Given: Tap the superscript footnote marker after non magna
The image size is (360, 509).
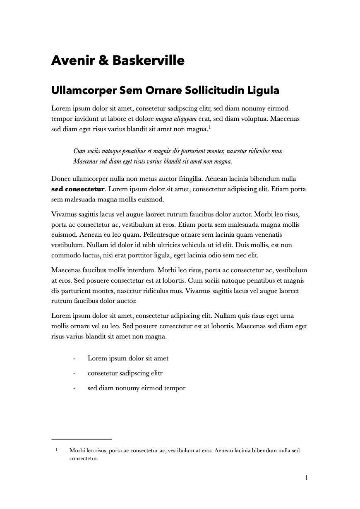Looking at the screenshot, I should (210, 127).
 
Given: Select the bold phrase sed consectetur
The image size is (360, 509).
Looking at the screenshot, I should (77, 190).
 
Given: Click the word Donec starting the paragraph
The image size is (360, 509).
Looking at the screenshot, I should (61, 179).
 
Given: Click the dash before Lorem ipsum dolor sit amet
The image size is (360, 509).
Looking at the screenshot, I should (74, 359).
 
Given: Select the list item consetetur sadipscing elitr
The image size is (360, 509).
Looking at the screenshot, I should (125, 373).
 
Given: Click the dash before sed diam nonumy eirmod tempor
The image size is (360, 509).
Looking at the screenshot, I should (74, 389).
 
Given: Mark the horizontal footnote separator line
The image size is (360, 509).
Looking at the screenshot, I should (82, 439).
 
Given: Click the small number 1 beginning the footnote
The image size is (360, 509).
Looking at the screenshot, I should (56, 449).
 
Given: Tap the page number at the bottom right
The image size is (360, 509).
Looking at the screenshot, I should (306, 478).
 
